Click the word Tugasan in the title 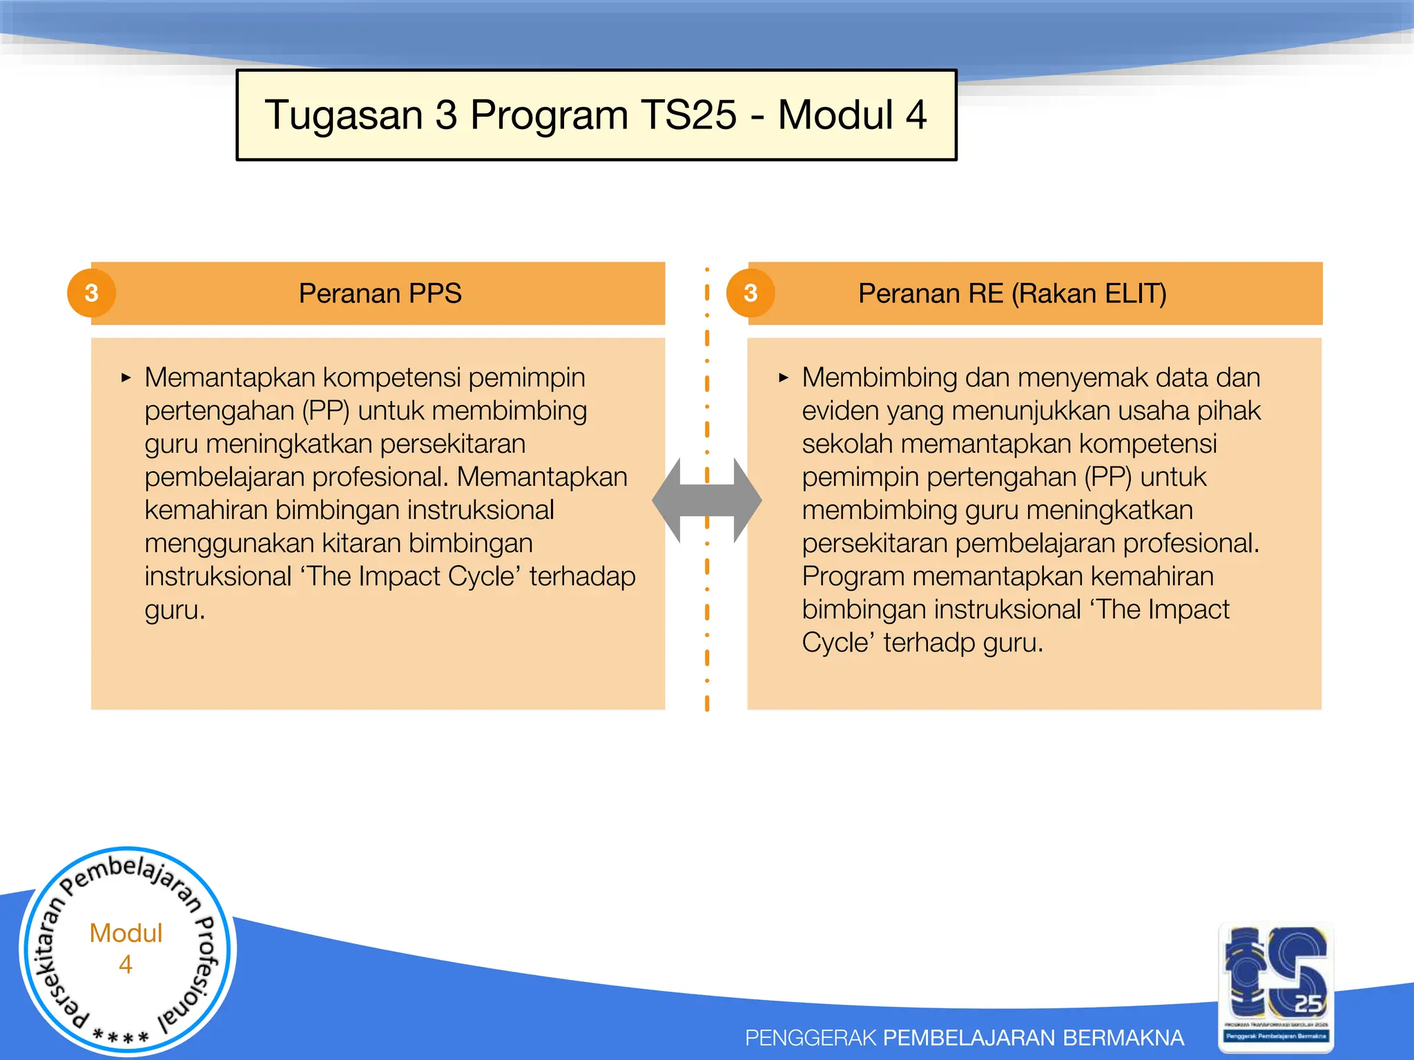click(343, 115)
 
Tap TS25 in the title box click(688, 115)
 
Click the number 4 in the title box click(916, 115)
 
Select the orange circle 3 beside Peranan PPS click(91, 293)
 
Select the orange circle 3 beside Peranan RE click(750, 293)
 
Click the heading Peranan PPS click(380, 293)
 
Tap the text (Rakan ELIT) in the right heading click(1089, 293)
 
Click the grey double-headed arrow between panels click(706, 500)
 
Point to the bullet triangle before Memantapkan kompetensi click(126, 377)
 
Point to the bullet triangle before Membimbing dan click(783, 377)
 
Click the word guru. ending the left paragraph click(175, 610)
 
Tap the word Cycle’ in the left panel click(483, 577)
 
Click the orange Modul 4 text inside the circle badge click(126, 948)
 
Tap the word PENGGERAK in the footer click(810, 1037)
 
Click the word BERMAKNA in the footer click(1123, 1037)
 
